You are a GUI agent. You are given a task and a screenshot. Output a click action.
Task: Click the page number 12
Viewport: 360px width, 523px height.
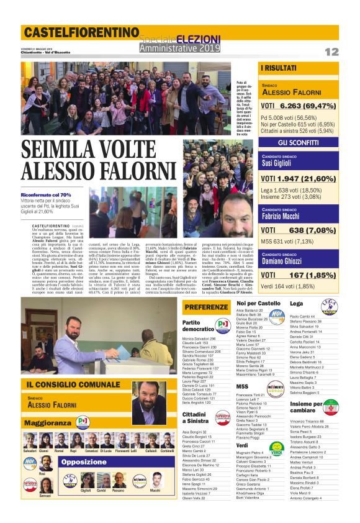tap(331, 52)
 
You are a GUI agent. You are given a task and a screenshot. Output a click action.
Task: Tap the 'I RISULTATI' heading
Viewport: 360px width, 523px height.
tap(278, 67)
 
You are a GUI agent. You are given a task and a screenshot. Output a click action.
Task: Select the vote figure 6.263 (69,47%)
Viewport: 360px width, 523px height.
tap(299, 106)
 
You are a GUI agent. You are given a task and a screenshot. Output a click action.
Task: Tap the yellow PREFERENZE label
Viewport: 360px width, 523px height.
tap(206, 307)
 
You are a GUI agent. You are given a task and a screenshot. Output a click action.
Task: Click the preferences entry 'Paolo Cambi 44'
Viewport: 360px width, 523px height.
tap(303, 316)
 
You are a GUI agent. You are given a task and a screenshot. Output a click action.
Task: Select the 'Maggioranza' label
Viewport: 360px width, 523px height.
tap(48, 422)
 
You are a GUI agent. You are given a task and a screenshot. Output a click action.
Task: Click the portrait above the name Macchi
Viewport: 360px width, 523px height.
tap(155, 479)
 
